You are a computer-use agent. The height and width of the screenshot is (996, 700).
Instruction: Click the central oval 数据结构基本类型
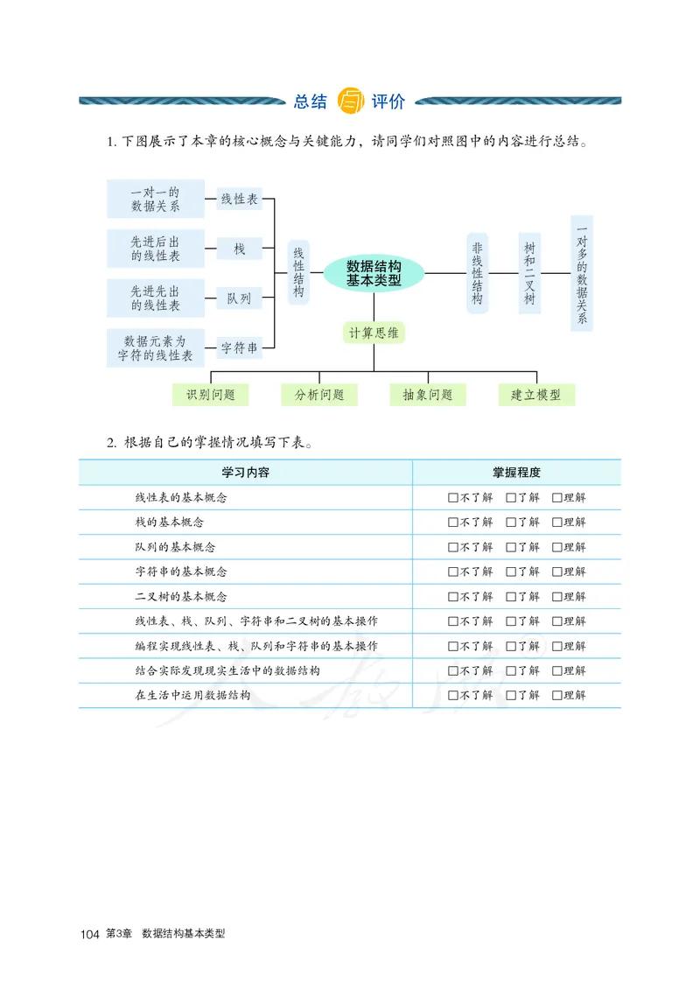click(x=374, y=273)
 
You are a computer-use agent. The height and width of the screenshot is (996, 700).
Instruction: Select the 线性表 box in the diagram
click(x=239, y=200)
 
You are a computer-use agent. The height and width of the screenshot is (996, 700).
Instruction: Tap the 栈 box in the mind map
click(x=239, y=249)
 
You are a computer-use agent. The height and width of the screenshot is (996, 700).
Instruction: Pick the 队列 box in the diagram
click(x=239, y=298)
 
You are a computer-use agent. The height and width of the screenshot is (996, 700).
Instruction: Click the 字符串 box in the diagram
click(x=239, y=348)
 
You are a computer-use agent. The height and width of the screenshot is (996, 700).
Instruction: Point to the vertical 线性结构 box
click(x=298, y=272)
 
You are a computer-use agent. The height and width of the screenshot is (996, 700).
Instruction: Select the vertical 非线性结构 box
click(x=477, y=273)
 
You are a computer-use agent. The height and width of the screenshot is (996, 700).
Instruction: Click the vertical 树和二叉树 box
click(x=529, y=273)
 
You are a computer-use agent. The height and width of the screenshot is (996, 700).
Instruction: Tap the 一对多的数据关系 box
click(x=581, y=273)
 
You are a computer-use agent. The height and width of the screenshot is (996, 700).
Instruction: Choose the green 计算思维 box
click(x=374, y=333)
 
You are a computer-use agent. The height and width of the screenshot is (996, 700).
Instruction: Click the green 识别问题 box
click(x=210, y=395)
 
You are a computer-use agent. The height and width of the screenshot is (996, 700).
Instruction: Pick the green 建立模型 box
click(x=536, y=395)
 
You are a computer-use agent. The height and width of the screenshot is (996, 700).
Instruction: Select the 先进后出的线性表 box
click(x=156, y=249)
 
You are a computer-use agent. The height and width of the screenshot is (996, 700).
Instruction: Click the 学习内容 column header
click(x=245, y=473)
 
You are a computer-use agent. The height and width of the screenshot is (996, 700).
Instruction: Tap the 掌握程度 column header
click(x=516, y=473)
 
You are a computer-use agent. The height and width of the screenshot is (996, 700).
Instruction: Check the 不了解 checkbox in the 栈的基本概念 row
click(x=452, y=523)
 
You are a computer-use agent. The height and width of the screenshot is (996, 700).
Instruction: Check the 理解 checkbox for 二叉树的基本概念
click(x=556, y=597)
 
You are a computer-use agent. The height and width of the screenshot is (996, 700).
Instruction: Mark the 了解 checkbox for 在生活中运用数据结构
click(x=511, y=696)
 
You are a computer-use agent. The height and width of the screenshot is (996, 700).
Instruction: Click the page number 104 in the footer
click(x=88, y=935)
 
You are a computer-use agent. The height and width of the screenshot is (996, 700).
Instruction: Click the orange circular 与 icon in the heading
click(x=349, y=102)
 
